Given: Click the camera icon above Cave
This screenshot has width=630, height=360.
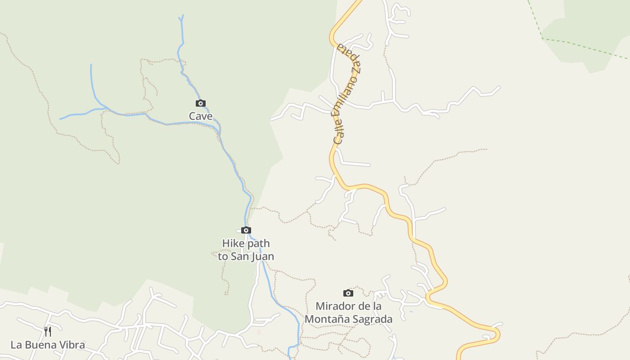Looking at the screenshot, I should [201, 103].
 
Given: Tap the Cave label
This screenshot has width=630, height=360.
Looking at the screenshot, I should [201, 116].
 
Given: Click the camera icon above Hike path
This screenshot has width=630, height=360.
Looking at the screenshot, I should [246, 230].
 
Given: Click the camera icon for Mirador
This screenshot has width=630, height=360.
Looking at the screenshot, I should [348, 293].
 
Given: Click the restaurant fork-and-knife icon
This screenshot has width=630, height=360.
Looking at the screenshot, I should [48, 332].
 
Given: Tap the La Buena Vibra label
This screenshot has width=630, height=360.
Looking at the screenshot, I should [48, 345].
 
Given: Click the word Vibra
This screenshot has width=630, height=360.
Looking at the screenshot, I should [72, 345].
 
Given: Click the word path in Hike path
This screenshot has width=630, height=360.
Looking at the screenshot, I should [258, 243].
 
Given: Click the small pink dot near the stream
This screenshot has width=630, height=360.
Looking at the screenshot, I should [259, 332].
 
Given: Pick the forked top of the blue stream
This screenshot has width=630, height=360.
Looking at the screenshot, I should [181, 18].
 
